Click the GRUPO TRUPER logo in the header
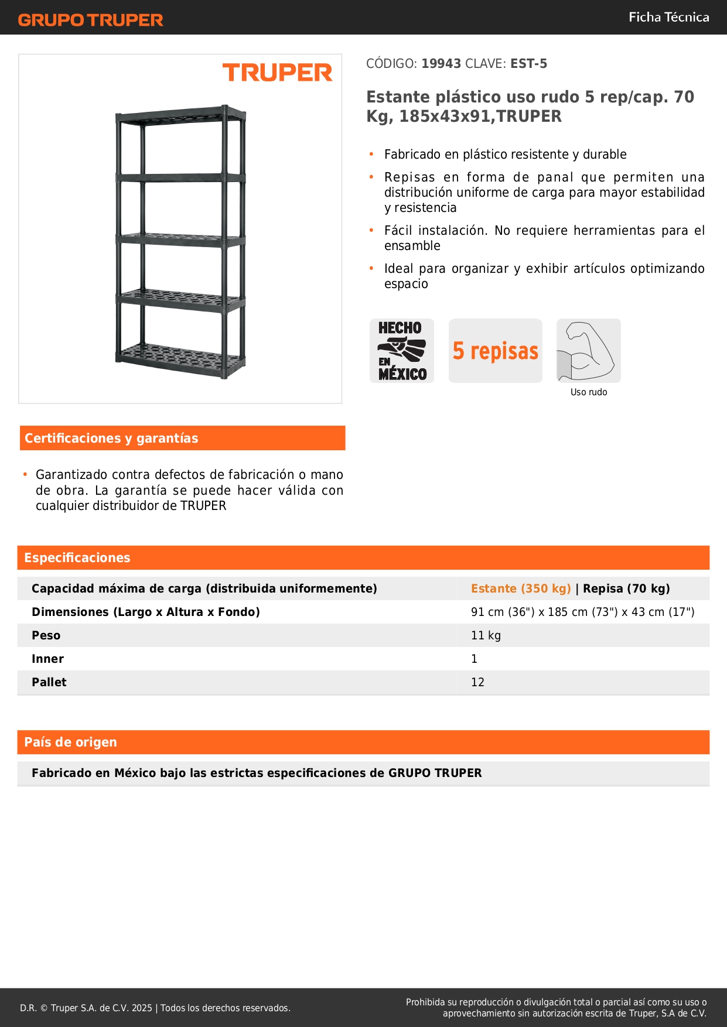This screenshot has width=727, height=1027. (90, 20)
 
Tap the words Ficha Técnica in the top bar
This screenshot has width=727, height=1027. (668, 17)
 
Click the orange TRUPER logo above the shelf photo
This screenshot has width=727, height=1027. (277, 73)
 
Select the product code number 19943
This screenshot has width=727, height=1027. (441, 64)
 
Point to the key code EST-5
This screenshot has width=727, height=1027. (528, 64)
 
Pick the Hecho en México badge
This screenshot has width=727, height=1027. (402, 351)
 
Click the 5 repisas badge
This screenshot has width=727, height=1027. (496, 351)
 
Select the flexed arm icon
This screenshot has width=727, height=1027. (588, 350)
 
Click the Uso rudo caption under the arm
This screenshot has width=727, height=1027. (589, 392)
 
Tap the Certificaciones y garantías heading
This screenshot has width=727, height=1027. (111, 438)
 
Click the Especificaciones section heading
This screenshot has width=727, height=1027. (77, 557)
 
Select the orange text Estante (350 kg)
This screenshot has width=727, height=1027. (521, 588)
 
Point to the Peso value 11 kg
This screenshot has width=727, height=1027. (486, 635)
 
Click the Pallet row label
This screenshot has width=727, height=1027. (49, 682)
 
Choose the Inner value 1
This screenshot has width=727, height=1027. (475, 659)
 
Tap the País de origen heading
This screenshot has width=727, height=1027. (70, 742)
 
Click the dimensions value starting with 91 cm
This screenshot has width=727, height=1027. (582, 612)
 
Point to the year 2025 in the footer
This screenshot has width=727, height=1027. (142, 1008)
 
